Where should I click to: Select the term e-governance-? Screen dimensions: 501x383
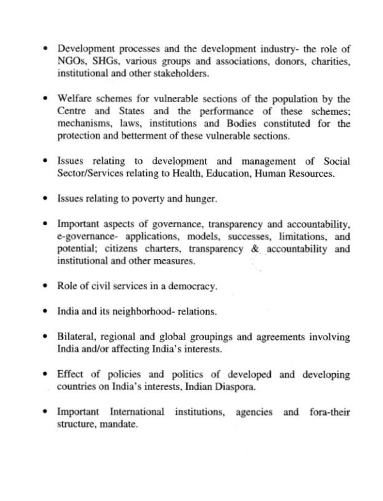86,237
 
